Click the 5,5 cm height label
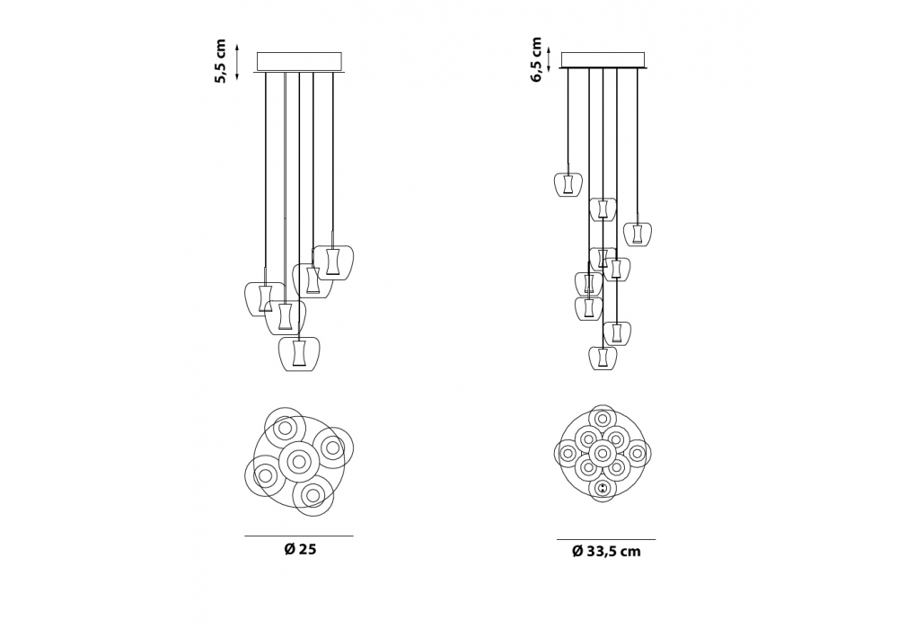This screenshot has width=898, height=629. [221, 61]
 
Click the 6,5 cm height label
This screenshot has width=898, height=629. [536, 59]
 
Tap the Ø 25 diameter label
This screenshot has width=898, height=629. [300, 549]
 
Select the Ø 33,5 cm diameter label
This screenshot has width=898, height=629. [606, 552]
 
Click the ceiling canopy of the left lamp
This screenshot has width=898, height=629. [299, 62]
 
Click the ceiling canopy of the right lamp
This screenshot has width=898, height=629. [603, 60]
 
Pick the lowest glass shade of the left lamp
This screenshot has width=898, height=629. [299, 353]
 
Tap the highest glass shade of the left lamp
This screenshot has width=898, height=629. [333, 262]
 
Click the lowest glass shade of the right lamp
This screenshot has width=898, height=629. [603, 358]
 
